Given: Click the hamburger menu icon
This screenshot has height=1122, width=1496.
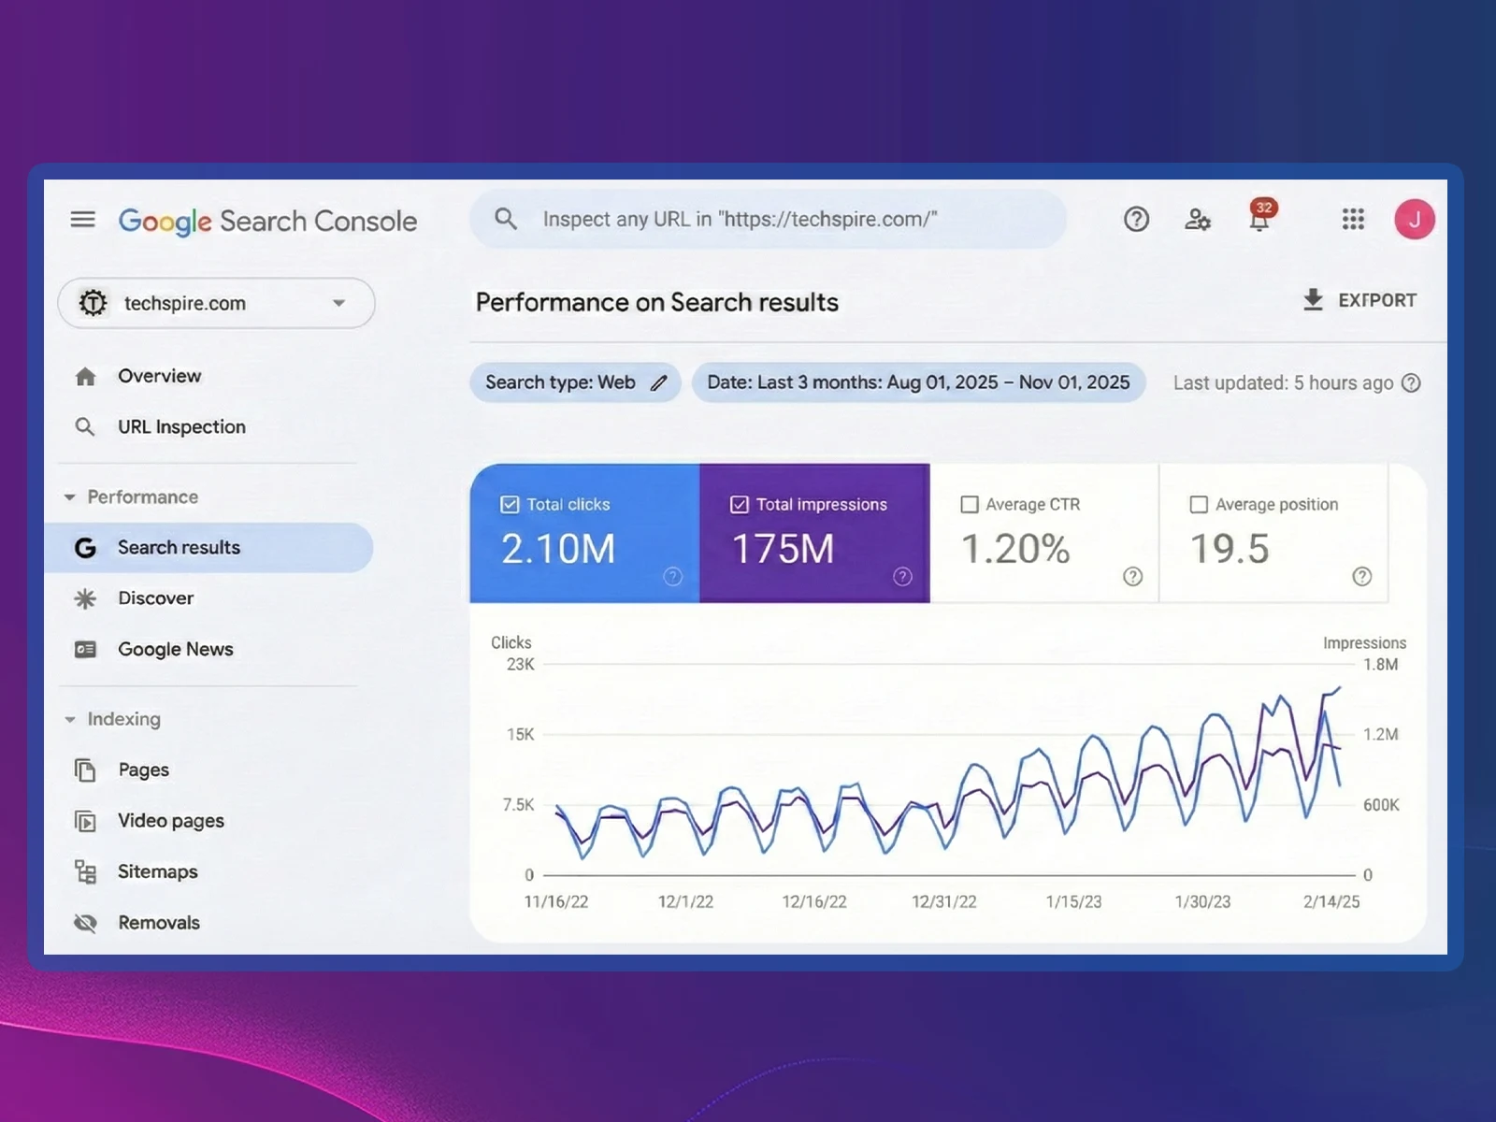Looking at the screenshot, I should pyautogui.click(x=83, y=220).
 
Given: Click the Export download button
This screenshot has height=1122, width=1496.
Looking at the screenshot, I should pyautogui.click(x=1359, y=300).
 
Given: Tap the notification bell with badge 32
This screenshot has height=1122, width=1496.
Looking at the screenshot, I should pyautogui.click(x=1259, y=219).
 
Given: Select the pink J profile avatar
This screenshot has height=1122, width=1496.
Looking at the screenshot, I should pyautogui.click(x=1414, y=220).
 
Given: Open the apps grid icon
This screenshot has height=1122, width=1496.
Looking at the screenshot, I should pyautogui.click(x=1353, y=220).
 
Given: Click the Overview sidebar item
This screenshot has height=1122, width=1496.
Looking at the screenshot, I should pyautogui.click(x=159, y=376).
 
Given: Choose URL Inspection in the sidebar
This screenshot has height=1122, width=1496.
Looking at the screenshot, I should pyautogui.click(x=181, y=427).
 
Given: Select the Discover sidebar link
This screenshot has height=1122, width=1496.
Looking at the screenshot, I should pyautogui.click(x=155, y=598).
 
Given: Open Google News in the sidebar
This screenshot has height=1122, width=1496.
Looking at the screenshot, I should pyautogui.click(x=175, y=649).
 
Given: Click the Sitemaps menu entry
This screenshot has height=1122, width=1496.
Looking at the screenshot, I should pyautogui.click(x=157, y=871).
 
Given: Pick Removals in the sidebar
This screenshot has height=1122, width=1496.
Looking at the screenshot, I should pyautogui.click(x=158, y=923).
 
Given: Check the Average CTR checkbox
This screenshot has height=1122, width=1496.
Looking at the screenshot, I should pyautogui.click(x=970, y=505).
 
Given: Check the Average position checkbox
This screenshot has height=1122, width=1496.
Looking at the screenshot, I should pyautogui.click(x=1199, y=505).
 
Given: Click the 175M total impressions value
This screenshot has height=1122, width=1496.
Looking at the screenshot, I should pyautogui.click(x=783, y=549).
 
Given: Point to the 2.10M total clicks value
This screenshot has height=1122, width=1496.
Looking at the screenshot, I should pyautogui.click(x=558, y=549).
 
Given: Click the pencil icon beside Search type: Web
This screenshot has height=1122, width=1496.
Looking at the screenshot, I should pyautogui.click(x=659, y=383).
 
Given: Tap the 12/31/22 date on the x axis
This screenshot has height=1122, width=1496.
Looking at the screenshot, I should pyautogui.click(x=943, y=902).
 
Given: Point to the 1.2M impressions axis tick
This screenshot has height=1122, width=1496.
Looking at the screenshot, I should pyautogui.click(x=1380, y=735).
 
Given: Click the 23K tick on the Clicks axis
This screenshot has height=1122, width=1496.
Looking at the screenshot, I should pyautogui.click(x=520, y=665).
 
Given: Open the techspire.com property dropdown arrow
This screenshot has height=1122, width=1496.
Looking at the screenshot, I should pyautogui.click(x=338, y=303).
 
